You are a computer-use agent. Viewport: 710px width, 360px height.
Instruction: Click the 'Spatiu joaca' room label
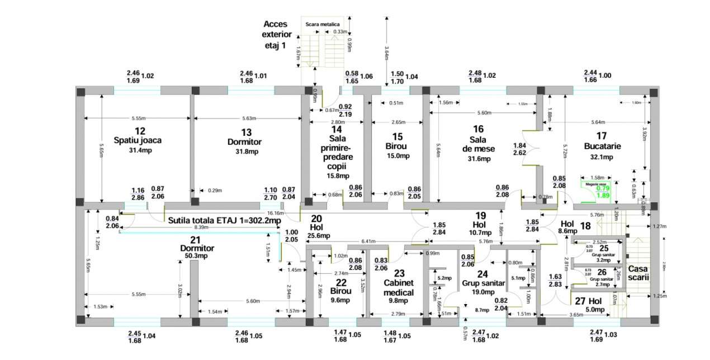(x=138, y=140)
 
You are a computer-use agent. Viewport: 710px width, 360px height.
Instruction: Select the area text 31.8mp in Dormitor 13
(x=247, y=151)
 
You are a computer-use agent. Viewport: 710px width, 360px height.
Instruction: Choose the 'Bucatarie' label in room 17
(x=602, y=146)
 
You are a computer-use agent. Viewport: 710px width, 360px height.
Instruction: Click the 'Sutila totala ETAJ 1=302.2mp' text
(x=217, y=221)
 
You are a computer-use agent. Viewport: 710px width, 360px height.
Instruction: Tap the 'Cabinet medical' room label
(x=398, y=288)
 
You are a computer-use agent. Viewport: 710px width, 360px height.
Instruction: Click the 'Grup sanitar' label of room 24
(x=483, y=283)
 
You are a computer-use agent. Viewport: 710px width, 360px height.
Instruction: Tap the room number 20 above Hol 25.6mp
(x=316, y=219)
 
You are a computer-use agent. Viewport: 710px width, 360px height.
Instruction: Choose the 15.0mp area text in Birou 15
(x=397, y=156)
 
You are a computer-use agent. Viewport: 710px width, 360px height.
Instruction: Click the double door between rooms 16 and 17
(x=530, y=148)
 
